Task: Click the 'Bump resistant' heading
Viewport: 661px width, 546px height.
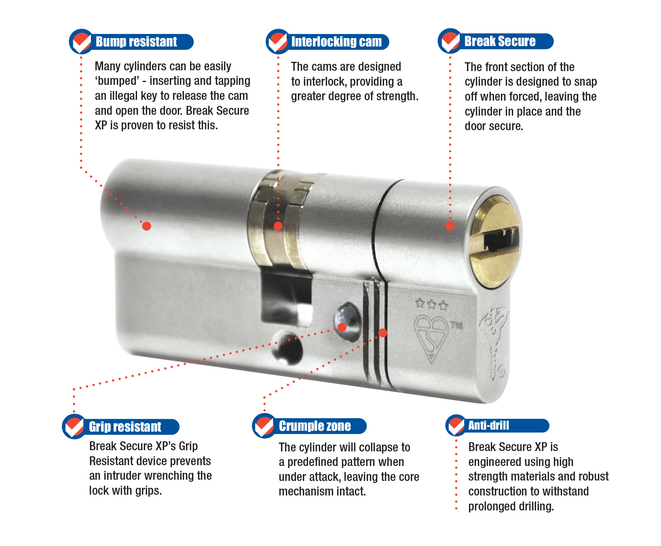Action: [136, 42]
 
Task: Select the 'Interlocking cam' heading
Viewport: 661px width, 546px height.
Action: [336, 42]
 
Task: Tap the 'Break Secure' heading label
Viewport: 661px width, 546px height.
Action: [500, 41]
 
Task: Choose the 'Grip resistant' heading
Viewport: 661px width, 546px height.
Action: [125, 427]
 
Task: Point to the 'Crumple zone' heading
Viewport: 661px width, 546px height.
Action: [315, 426]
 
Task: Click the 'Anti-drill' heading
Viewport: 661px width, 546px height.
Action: [488, 425]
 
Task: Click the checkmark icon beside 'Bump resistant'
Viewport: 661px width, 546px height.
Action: [81, 42]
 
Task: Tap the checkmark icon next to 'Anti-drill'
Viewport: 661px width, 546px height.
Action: [456, 426]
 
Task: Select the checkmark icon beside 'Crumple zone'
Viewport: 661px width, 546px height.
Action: [264, 426]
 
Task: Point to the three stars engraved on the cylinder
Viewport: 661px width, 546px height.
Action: [432, 304]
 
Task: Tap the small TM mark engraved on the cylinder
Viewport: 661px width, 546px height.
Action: [456, 325]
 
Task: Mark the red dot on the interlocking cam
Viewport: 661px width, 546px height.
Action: [278, 226]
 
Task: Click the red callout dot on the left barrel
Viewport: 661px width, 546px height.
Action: [147, 226]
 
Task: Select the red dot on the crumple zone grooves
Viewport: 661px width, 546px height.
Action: [383, 333]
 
